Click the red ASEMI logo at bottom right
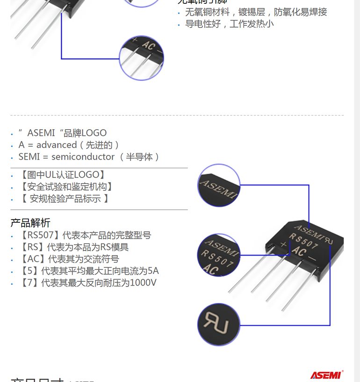326,375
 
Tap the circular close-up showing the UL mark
219,324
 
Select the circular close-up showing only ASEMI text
219,185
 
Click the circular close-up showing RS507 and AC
219,255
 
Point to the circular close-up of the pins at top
142,57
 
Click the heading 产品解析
30,223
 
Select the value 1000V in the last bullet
143,283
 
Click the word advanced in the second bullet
57,145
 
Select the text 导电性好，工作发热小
229,23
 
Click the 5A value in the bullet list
153,271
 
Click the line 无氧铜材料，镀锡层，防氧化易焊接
256,12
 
